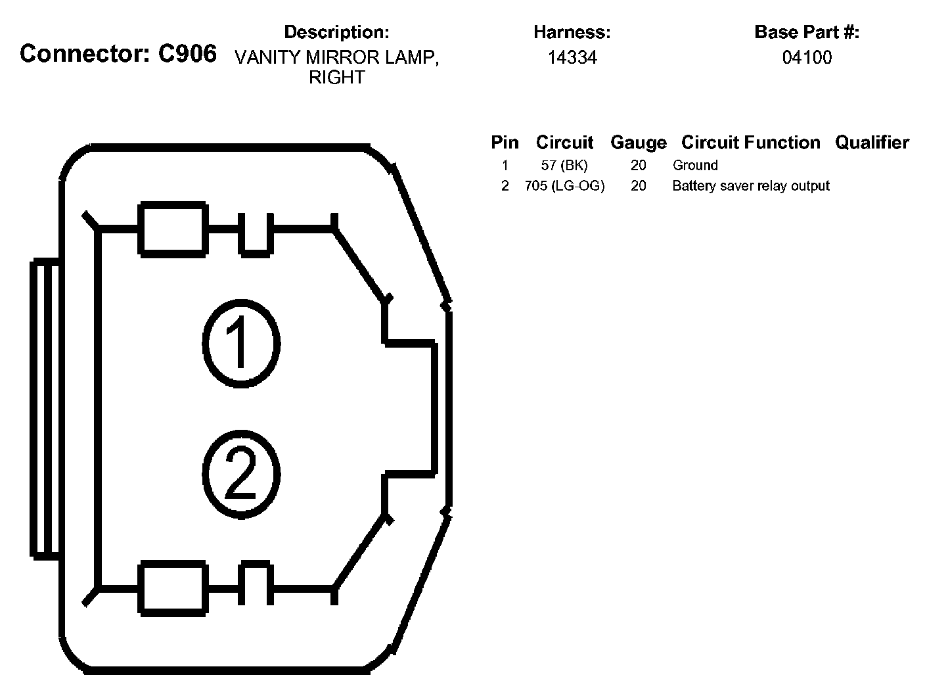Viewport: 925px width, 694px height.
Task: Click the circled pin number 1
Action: tap(240, 342)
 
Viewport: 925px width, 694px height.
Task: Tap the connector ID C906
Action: tap(187, 53)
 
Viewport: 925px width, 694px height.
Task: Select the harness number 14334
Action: tap(572, 58)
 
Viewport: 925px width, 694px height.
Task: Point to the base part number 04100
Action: tap(807, 58)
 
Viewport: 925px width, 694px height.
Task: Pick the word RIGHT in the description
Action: tap(336, 78)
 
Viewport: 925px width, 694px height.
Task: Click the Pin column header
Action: tap(505, 143)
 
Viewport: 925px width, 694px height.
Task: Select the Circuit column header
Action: tap(564, 143)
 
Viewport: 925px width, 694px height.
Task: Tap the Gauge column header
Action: tap(638, 143)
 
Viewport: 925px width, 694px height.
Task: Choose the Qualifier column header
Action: tap(872, 143)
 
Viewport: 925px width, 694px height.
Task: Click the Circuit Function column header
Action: tap(750, 143)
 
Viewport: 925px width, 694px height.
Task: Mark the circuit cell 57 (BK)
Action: tap(564, 165)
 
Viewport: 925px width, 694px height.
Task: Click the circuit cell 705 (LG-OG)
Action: tap(564, 186)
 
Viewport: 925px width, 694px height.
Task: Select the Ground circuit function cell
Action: tap(695, 165)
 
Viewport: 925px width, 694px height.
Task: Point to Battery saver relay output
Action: tap(750, 186)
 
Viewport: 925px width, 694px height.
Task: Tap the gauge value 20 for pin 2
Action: tap(638, 186)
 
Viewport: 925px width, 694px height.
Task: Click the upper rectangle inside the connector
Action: tap(173, 229)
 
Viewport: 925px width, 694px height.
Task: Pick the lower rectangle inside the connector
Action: tap(173, 587)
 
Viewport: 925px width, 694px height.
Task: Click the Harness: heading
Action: tap(572, 32)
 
